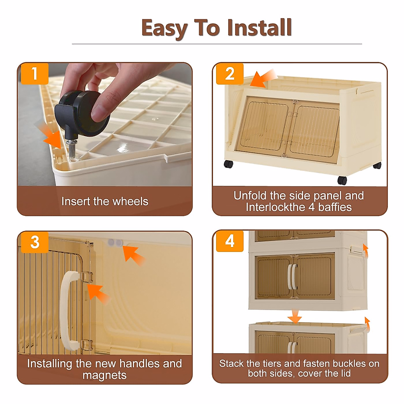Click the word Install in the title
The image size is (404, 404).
coord(260,28)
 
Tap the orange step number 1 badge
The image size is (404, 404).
coord(35,74)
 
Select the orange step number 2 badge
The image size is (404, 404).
coord(230,74)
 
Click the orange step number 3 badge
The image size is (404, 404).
coord(35,242)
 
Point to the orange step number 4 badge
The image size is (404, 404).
coord(230,241)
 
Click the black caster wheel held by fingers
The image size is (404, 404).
coord(82,113)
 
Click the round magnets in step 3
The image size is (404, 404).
coord(115,243)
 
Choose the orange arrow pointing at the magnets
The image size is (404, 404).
coord(133,255)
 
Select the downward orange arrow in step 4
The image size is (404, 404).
coord(295,317)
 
